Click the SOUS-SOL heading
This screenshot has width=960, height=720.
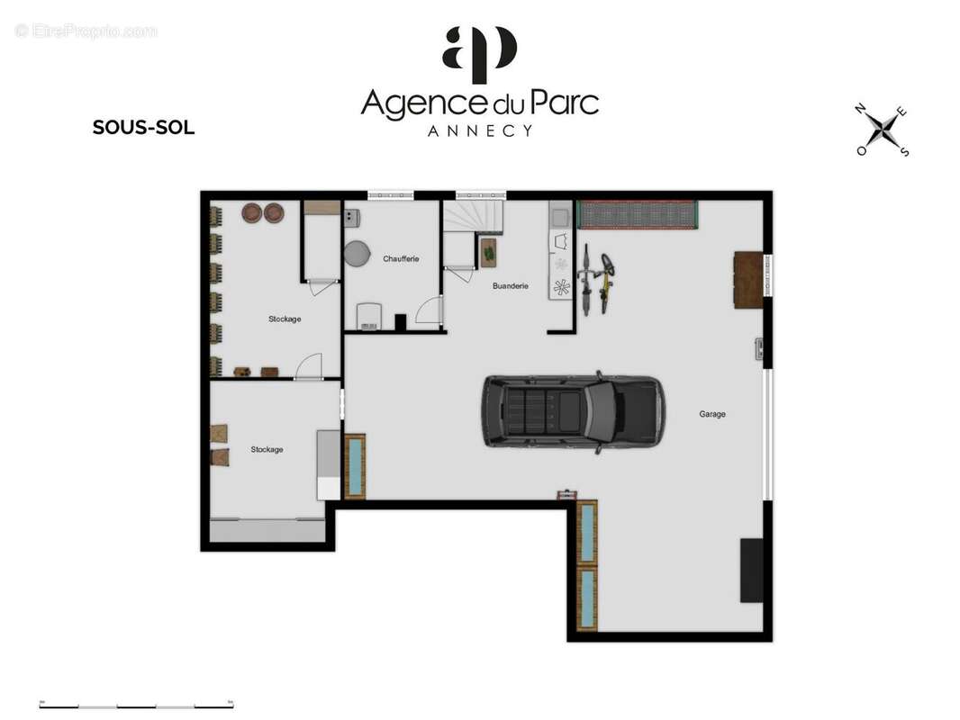click(x=143, y=127)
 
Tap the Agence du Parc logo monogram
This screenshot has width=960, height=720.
click(x=479, y=54)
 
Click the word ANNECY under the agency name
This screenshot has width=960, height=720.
click(x=479, y=130)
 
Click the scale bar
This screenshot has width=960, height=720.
click(x=136, y=706)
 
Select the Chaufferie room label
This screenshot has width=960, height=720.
click(x=401, y=259)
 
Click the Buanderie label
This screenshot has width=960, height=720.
click(x=510, y=285)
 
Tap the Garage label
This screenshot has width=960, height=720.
click(x=712, y=414)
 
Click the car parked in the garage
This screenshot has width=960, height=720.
click(x=573, y=411)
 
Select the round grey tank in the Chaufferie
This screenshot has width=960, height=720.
click(x=357, y=253)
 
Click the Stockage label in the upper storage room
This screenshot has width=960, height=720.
click(x=285, y=319)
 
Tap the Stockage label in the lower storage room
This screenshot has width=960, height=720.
click(x=267, y=449)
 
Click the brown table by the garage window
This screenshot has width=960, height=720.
click(x=748, y=280)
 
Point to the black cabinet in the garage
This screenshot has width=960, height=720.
click(x=752, y=570)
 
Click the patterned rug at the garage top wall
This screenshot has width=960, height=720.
click(x=638, y=215)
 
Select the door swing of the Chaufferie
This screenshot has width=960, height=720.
click(x=430, y=310)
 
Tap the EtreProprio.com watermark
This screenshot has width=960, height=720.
click(x=86, y=31)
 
